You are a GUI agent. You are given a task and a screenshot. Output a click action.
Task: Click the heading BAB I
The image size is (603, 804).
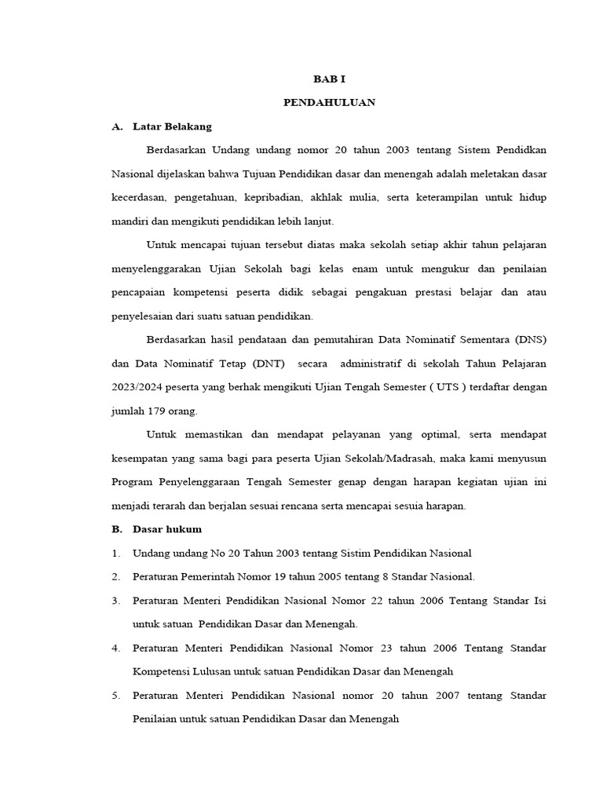click(329, 79)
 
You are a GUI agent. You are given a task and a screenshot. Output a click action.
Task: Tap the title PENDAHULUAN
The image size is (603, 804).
click(329, 102)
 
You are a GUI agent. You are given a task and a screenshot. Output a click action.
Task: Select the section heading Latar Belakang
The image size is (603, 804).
click(172, 126)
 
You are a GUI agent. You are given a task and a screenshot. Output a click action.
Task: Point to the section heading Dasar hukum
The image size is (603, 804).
click(166, 529)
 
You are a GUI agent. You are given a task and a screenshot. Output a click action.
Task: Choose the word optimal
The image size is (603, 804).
click(436, 434)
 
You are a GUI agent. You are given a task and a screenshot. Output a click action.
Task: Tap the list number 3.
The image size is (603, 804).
click(115, 601)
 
